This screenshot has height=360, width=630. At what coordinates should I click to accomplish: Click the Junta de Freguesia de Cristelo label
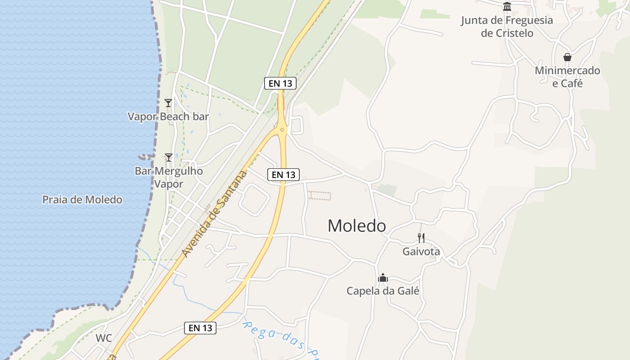[507, 27]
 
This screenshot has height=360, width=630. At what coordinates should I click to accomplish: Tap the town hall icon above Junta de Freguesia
[507, 6]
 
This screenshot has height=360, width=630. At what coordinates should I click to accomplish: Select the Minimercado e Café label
[567, 77]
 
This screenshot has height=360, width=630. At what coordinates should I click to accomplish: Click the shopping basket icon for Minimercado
[567, 57]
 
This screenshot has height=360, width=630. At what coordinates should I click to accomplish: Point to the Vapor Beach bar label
[168, 117]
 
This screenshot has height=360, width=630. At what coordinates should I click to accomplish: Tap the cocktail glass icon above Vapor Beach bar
[168, 103]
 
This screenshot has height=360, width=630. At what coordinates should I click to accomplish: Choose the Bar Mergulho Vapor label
[169, 177]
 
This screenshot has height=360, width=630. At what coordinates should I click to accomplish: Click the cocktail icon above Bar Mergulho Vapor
[169, 157]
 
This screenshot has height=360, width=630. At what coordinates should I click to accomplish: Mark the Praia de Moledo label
[82, 199]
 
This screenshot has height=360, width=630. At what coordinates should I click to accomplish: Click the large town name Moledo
[356, 225]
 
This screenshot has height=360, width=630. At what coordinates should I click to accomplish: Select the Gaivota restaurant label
[421, 252]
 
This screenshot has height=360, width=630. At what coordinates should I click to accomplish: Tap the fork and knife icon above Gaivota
[421, 238]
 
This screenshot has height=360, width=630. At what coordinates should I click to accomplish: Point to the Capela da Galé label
[383, 291]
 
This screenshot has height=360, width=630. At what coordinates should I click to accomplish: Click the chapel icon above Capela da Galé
[383, 278]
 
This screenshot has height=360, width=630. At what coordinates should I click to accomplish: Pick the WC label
[103, 338]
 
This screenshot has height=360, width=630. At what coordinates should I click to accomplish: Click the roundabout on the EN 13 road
[282, 130]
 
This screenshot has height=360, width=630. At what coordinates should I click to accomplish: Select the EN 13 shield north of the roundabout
[280, 83]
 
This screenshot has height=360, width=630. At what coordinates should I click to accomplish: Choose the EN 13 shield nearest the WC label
[200, 328]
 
